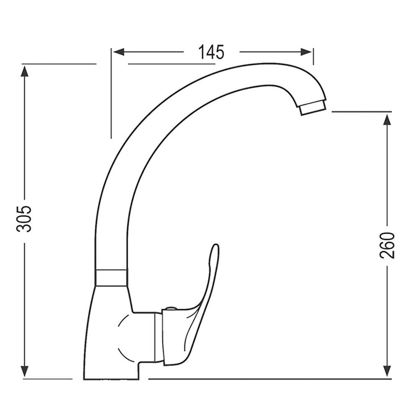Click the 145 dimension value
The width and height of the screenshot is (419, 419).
click(x=212, y=52)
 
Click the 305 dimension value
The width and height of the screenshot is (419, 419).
click(x=26, y=219)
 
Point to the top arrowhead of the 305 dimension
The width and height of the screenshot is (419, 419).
click(x=25, y=70)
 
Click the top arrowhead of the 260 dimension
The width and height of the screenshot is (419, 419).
click(x=387, y=119)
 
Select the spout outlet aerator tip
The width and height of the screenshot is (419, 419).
click(x=313, y=107)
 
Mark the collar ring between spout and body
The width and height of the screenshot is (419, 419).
click(x=111, y=278)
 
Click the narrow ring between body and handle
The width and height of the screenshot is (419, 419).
click(x=158, y=337)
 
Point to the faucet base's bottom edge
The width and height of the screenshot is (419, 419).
click(x=111, y=379)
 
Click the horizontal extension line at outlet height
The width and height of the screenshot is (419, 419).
click(x=360, y=112)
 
